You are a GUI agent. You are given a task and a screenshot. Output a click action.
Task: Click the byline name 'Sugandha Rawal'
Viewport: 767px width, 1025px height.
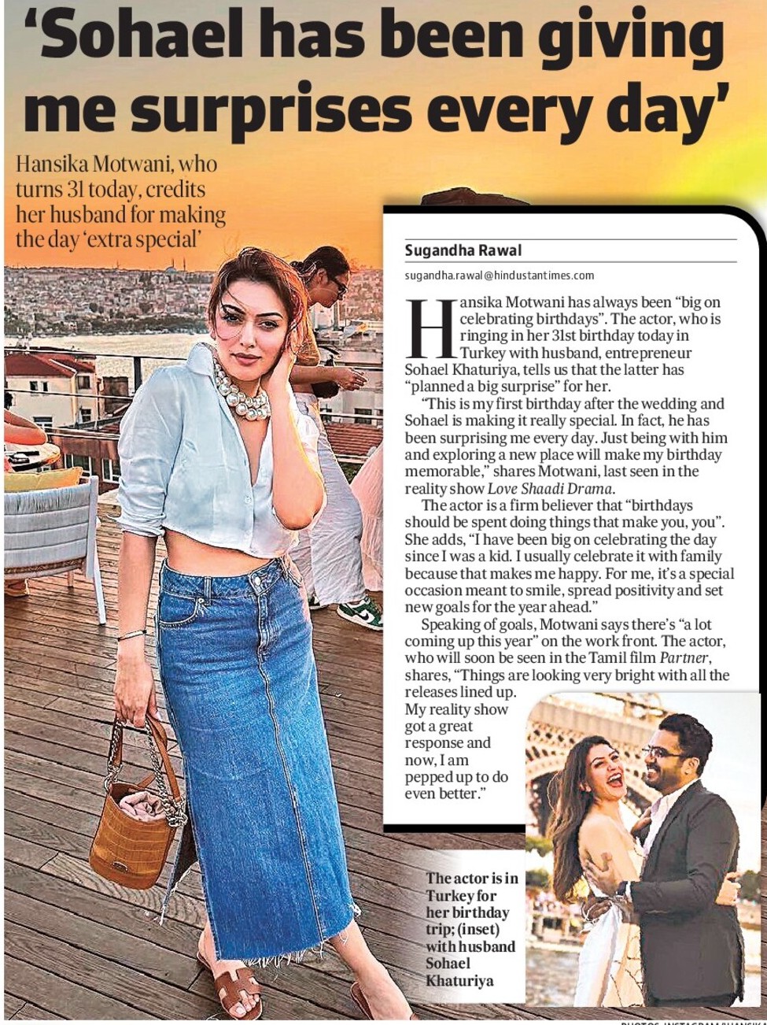coord(463,250)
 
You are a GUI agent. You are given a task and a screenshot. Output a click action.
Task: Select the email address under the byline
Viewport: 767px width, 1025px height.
coord(500,276)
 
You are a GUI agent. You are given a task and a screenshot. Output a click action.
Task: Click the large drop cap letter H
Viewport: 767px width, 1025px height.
coord(430,327)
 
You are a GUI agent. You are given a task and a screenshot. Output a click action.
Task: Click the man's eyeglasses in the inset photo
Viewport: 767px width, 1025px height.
coord(662,753)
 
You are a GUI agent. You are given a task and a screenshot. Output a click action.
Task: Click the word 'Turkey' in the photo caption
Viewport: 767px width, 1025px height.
coord(452,896)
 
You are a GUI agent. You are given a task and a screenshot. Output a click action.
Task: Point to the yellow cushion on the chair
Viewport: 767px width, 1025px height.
coord(43,479)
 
